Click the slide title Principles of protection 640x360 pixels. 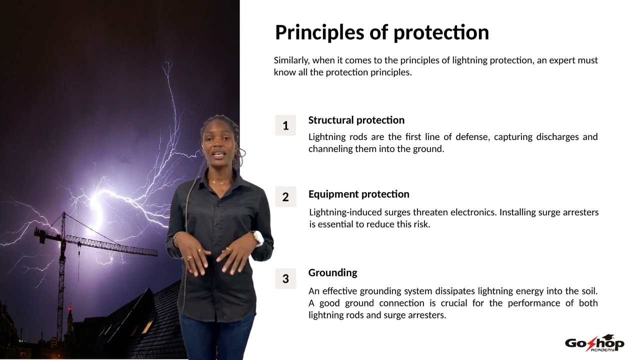click(381, 32)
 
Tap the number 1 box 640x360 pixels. click(285, 125)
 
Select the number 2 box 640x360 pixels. click(285, 197)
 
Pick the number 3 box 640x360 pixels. click(285, 278)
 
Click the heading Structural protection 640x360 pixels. click(356, 120)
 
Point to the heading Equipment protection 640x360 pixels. click(358, 194)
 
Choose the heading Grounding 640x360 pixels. click(332, 272)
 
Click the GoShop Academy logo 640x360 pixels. click(594, 343)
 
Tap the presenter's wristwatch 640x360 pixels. click(258, 238)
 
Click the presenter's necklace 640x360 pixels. click(218, 181)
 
